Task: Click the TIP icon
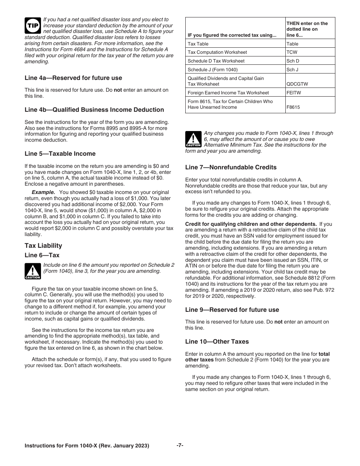click(31, 25)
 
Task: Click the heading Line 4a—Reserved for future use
click(73, 78)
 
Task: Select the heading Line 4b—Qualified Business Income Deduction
click(94, 110)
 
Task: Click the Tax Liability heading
click(43, 246)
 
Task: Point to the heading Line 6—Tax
click(42, 255)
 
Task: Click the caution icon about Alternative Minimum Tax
click(193, 139)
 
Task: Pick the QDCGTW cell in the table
click(297, 84)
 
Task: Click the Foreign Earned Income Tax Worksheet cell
click(228, 92)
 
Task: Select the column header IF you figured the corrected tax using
click(232, 35)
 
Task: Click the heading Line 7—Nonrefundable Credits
click(231, 167)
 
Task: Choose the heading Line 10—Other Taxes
click(217, 342)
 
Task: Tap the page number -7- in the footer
click(180, 446)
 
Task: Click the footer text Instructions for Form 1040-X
click(87, 446)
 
